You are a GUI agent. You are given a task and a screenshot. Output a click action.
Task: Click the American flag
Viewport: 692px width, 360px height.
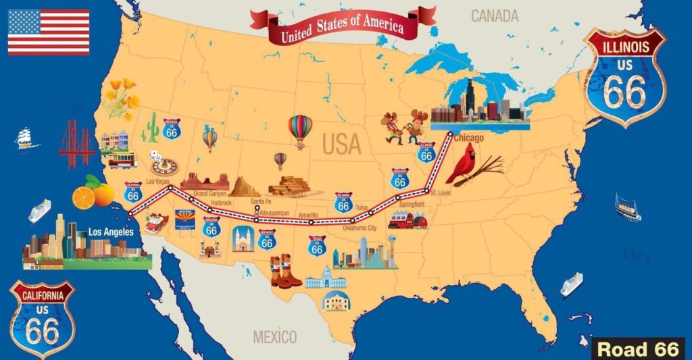49,32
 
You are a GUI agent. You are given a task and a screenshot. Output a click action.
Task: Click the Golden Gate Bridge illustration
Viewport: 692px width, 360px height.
76,145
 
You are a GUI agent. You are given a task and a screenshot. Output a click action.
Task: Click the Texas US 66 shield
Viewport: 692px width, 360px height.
317,245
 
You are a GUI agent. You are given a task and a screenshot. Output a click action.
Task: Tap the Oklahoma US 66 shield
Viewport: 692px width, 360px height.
343,201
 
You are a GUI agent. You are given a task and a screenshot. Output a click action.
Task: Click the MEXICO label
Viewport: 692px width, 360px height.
274,336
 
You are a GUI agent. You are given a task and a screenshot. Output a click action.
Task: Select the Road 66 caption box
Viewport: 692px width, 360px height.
638,349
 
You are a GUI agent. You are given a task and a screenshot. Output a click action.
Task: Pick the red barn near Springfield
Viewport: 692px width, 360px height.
407,220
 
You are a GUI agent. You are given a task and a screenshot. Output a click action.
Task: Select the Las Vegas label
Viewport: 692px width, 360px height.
157,181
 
